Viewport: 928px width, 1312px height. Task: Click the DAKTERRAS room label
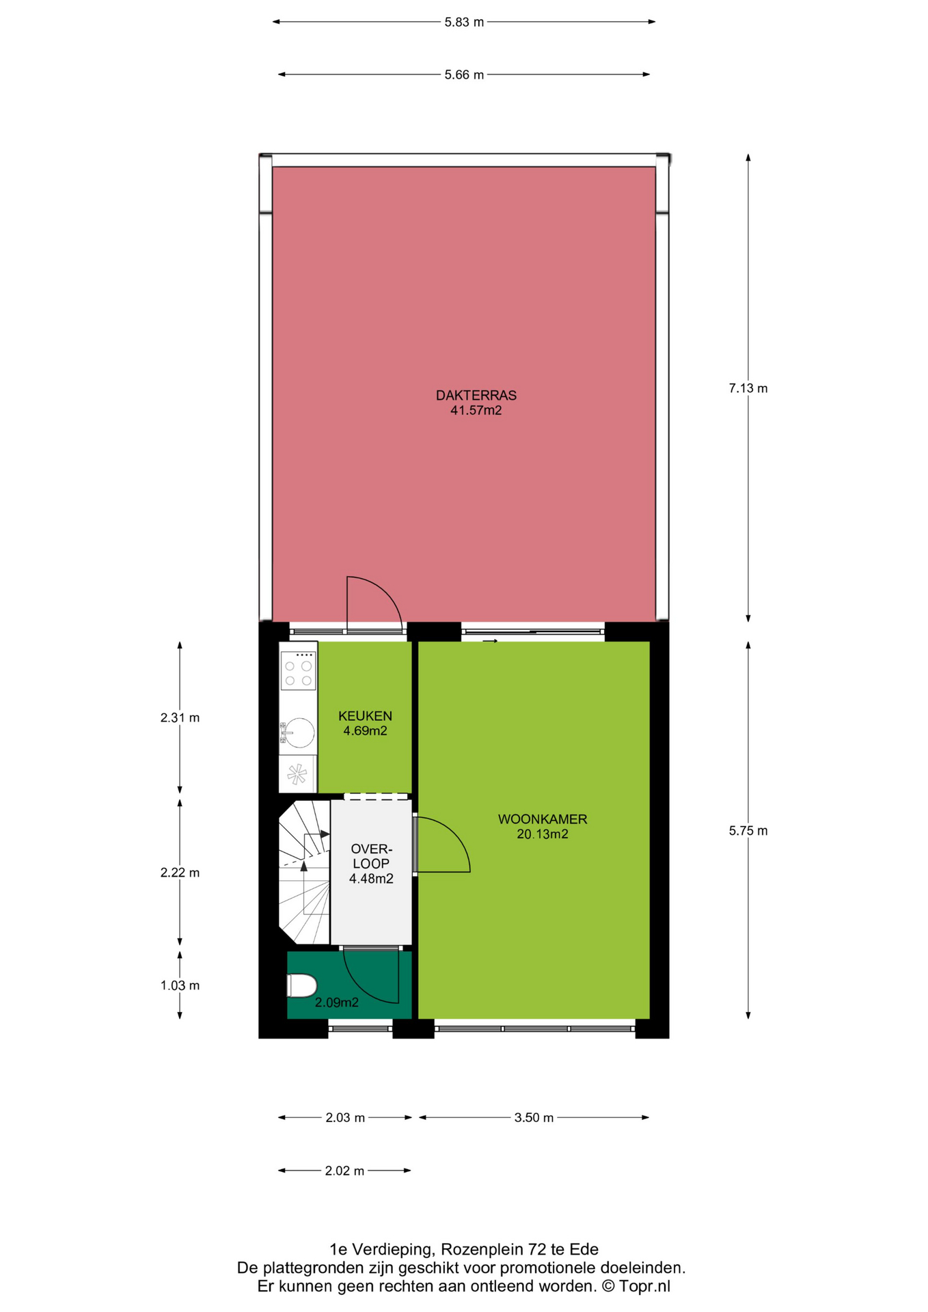(476, 395)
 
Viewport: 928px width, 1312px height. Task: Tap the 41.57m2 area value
(476, 411)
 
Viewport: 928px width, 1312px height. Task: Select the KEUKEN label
(366, 716)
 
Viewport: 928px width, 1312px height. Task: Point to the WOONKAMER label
(543, 819)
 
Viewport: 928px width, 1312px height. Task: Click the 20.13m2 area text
(543, 834)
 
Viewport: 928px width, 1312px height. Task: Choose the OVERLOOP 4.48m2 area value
(371, 879)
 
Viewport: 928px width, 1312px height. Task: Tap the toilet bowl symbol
(302, 986)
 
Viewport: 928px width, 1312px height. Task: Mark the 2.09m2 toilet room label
(337, 1003)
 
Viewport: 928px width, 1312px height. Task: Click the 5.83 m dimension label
(464, 22)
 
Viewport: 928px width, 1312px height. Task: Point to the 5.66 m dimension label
(464, 74)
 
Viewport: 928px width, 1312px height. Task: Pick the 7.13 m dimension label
(748, 388)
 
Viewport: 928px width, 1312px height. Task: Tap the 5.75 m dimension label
(748, 831)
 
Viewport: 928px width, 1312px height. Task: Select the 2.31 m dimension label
(180, 717)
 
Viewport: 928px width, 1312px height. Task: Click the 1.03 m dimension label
(180, 985)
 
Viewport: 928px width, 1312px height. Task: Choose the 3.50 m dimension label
(534, 1118)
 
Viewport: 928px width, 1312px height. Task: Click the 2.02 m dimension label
(344, 1171)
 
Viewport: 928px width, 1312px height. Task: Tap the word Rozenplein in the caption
(482, 1250)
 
